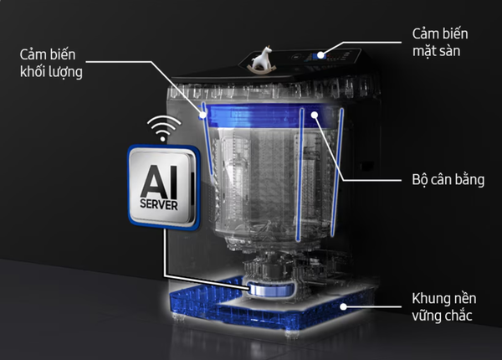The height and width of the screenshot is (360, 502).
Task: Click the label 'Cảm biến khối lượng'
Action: pos(51,64)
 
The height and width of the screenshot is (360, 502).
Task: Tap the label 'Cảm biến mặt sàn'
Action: pos(440,42)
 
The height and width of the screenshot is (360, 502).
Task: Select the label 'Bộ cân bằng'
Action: pos(448,180)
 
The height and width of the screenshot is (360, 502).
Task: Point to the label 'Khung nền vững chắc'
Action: pos(444,306)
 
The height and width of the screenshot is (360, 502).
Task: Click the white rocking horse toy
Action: pos(263,59)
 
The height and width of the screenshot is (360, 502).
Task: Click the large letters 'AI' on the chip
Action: pos(159,182)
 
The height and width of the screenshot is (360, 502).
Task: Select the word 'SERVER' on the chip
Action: pos(159,204)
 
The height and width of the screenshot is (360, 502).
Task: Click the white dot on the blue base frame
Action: pos(343,306)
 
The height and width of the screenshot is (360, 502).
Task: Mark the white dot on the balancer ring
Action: pos(315,115)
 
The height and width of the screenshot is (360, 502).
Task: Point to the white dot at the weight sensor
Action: pos(202,115)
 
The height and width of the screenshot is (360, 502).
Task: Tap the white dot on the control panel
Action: pos(320,54)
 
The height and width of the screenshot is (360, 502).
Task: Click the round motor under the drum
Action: pos(271,289)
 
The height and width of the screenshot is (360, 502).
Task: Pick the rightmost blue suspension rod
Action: pos(337,172)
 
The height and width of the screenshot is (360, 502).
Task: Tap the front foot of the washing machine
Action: pos(292,334)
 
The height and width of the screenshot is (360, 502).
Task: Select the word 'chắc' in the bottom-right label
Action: pos(457,315)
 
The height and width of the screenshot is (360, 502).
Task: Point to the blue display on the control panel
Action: pos(315,57)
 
